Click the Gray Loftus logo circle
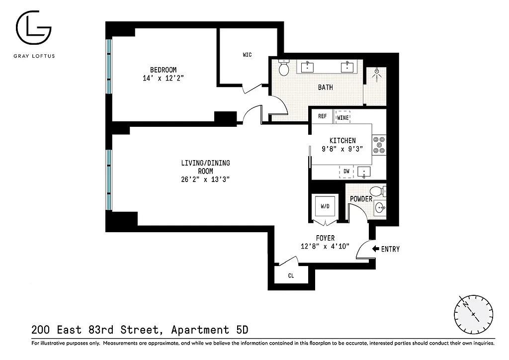(33, 29)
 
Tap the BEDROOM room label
(163, 70)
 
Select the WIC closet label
(247, 55)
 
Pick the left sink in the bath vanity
(308, 67)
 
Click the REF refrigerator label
(322, 116)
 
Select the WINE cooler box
(343, 117)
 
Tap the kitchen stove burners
(379, 144)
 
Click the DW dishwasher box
(346, 172)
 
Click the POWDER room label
(361, 199)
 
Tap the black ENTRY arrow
(375, 249)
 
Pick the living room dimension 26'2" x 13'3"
(206, 180)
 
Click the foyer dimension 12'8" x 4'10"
(325, 246)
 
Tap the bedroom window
(109, 66)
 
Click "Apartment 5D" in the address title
(209, 330)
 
